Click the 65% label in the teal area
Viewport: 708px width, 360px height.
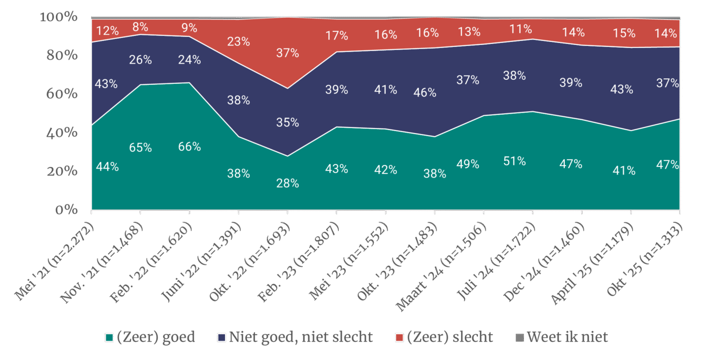click(140, 148)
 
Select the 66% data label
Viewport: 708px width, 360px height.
click(190, 147)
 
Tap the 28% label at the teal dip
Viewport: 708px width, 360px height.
click(288, 184)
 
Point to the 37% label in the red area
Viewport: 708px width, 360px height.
click(288, 53)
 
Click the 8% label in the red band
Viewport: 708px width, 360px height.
click(140, 27)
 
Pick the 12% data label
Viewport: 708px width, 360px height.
click(107, 31)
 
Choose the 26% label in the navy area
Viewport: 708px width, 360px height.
click(140, 60)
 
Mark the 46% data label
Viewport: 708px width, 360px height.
click(425, 93)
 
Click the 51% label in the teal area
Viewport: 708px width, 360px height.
click(514, 161)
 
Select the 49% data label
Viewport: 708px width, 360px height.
click(468, 164)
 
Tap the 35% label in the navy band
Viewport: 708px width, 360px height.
click(288, 122)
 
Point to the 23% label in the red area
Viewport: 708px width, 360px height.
click(238, 41)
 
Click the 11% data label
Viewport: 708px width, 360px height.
click(521, 29)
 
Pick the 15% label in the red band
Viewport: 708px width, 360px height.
click(624, 33)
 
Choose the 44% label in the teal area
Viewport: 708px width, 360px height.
click(107, 166)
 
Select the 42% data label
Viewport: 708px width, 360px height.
click(385, 170)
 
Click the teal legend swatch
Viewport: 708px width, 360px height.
click(109, 337)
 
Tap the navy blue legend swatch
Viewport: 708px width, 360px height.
click(222, 337)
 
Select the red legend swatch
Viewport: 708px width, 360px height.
click(399, 337)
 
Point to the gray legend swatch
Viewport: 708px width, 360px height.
click(519, 337)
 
